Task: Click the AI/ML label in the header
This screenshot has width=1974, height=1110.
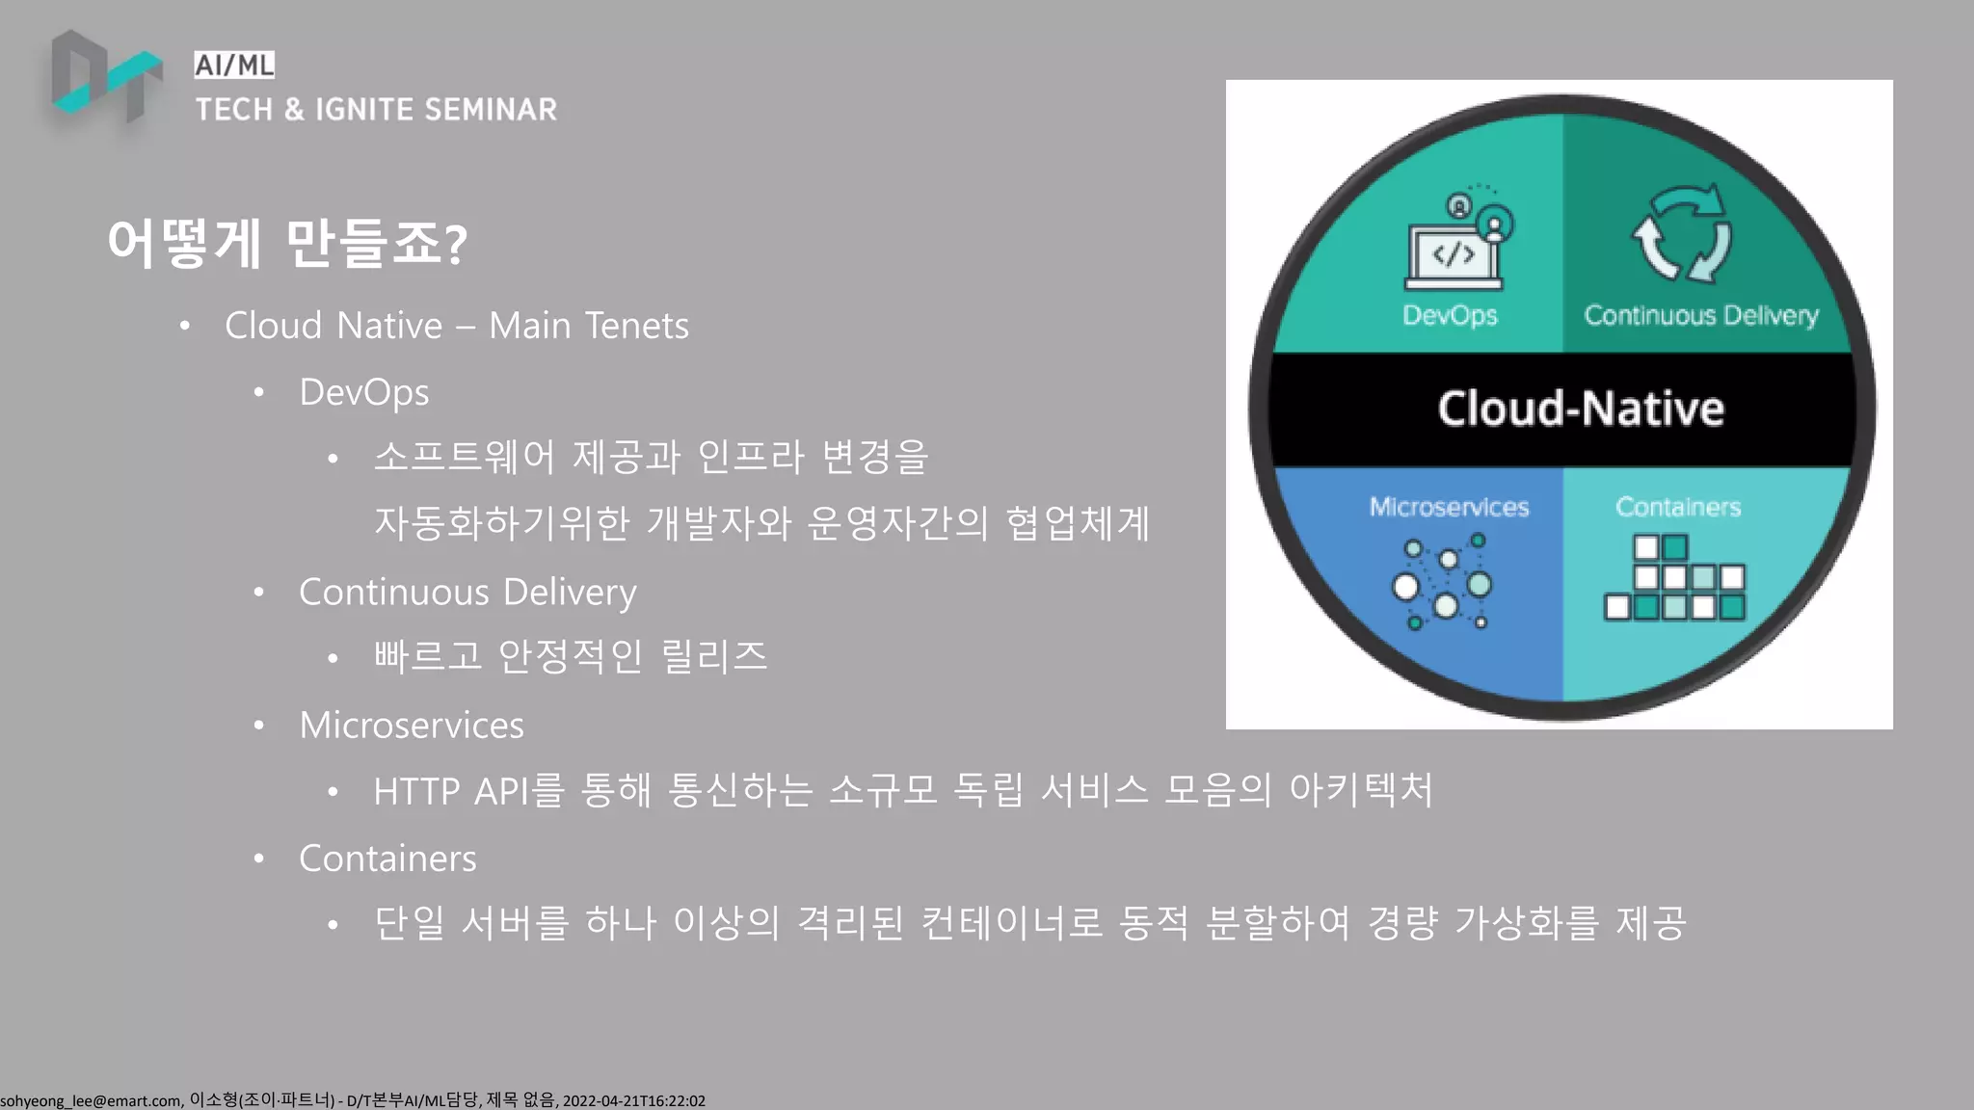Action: click(234, 65)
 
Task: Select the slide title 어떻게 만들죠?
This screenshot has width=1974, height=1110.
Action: click(287, 243)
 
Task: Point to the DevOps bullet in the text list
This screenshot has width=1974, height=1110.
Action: click(363, 392)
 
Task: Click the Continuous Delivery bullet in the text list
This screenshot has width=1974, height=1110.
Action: click(467, 592)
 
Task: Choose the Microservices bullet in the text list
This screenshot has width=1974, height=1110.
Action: click(412, 725)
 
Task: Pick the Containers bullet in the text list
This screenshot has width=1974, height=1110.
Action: click(387, 858)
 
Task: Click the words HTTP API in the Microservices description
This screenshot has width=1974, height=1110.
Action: click(451, 791)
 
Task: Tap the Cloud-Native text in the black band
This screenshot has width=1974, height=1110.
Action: click(1581, 409)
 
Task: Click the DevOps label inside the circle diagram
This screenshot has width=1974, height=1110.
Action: click(1450, 315)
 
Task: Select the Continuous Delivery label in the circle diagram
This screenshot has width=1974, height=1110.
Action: click(1701, 315)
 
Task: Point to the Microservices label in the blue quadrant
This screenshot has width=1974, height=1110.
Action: click(1449, 507)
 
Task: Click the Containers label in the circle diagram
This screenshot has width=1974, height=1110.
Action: click(1678, 507)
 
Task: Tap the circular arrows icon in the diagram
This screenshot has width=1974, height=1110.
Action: click(1682, 235)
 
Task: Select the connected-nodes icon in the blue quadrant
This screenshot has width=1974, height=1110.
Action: click(1443, 583)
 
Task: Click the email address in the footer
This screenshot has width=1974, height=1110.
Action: click(91, 1100)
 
